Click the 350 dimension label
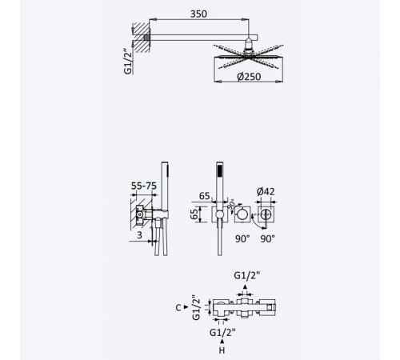(x=198, y=14)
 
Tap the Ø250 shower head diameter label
(x=249, y=77)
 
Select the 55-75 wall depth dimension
(x=144, y=186)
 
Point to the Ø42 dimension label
(x=266, y=191)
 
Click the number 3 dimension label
(x=139, y=235)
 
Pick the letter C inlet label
(x=178, y=308)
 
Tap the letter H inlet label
(x=222, y=350)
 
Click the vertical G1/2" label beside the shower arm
(x=128, y=62)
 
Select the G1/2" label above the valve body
(x=247, y=275)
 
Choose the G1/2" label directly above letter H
(x=222, y=333)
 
